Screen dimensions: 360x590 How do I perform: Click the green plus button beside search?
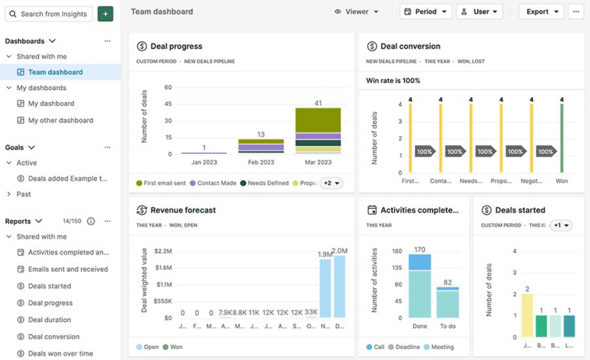click(x=105, y=14)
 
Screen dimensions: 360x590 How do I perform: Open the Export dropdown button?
click(x=541, y=12)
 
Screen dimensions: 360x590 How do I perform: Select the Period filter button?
click(x=426, y=12)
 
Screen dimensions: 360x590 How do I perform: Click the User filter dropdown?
click(x=479, y=12)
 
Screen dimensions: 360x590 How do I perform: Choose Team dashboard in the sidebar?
click(x=55, y=72)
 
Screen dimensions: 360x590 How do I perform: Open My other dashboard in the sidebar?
click(x=60, y=120)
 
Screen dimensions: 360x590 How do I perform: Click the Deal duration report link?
click(x=50, y=320)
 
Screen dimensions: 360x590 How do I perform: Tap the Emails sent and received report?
click(x=68, y=269)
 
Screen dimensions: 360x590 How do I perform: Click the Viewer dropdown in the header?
click(x=357, y=12)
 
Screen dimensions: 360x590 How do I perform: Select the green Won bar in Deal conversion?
click(x=562, y=138)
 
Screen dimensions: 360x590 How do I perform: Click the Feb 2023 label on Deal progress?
click(x=261, y=162)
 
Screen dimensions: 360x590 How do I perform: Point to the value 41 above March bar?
click(x=318, y=103)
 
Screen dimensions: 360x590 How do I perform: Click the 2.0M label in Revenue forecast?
click(x=340, y=251)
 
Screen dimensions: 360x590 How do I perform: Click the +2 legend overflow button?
click(x=331, y=183)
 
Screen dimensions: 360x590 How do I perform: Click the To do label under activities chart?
click(x=448, y=326)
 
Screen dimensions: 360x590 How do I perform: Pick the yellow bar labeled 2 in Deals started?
click(x=527, y=315)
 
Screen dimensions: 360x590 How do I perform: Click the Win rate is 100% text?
click(x=393, y=81)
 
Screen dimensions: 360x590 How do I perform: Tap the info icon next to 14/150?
click(x=90, y=221)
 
